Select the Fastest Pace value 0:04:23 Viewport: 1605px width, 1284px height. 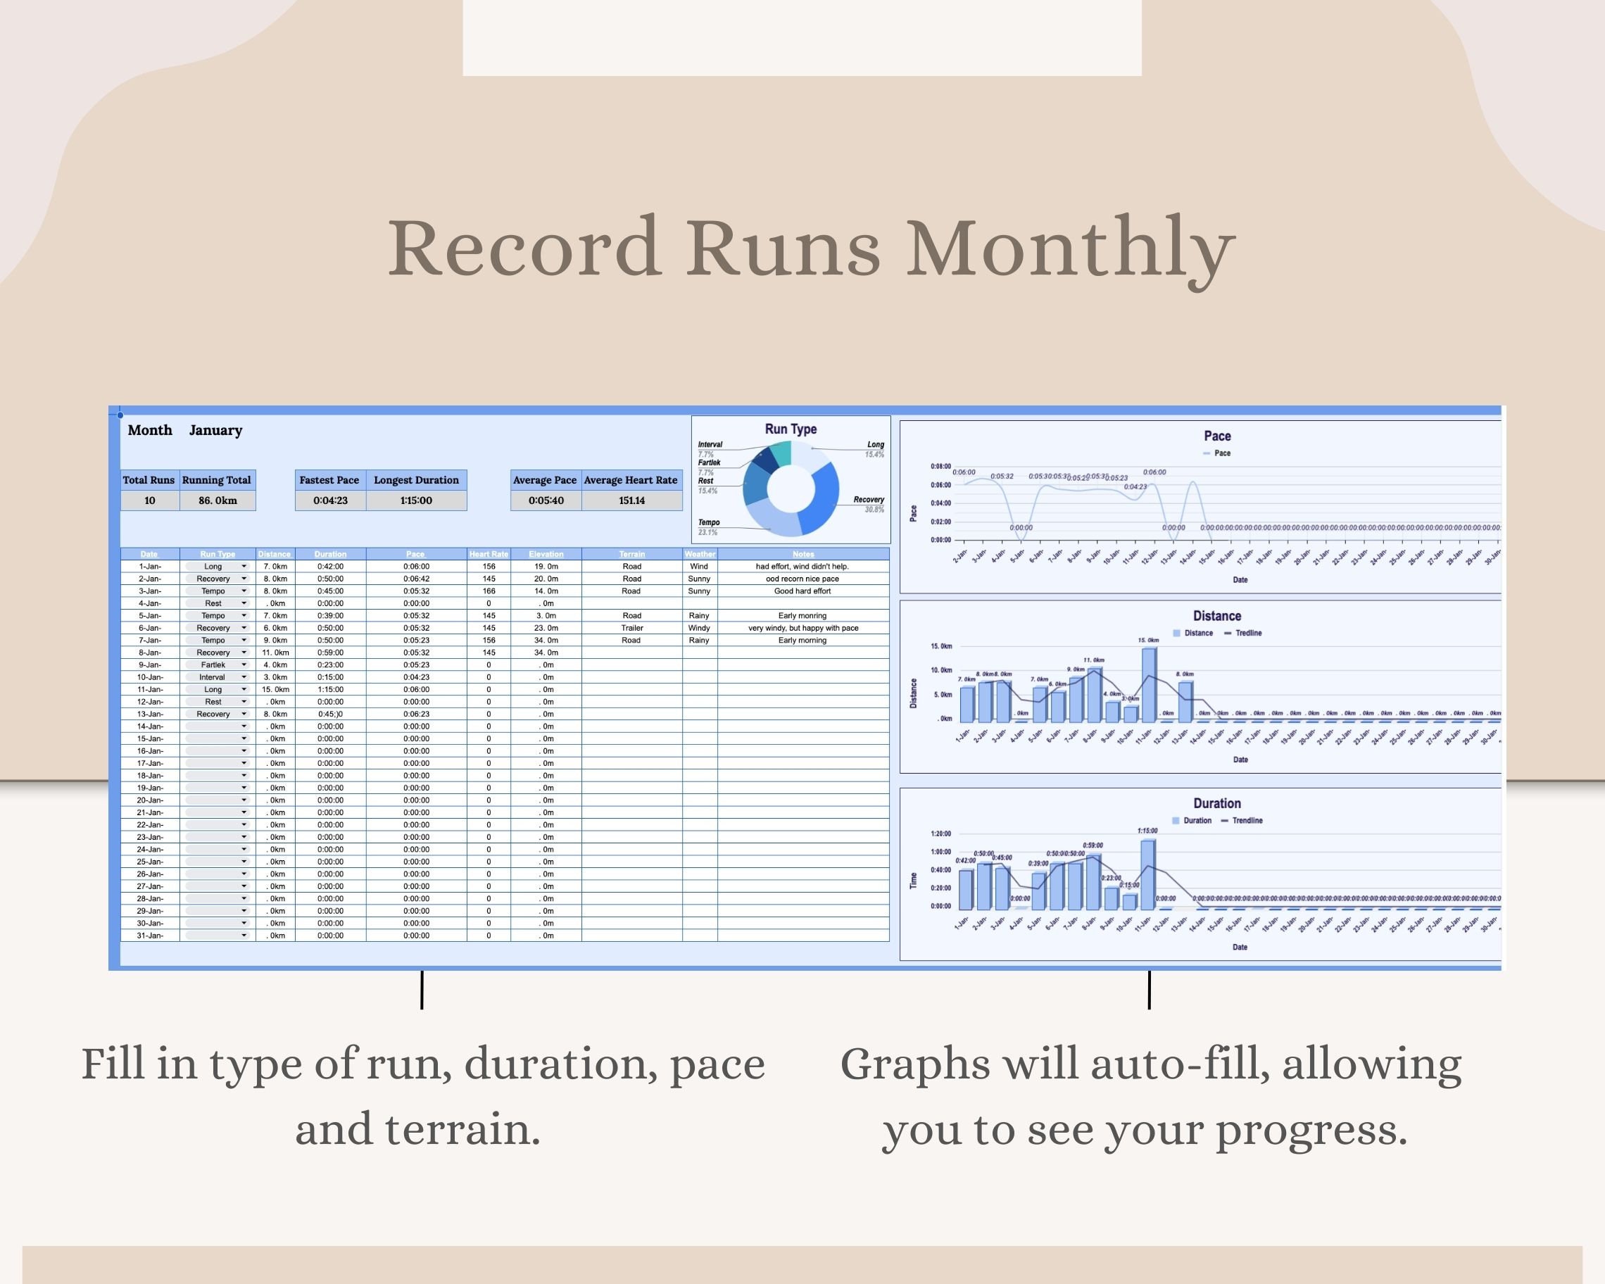[x=329, y=501]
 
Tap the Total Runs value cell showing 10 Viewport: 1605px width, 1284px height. [x=150, y=501]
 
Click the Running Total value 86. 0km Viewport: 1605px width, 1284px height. [x=218, y=501]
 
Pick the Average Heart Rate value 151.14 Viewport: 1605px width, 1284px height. [x=631, y=501]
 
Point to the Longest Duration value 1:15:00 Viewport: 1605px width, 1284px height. [x=416, y=501]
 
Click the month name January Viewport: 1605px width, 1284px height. [x=215, y=430]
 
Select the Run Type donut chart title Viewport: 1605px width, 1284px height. [x=791, y=429]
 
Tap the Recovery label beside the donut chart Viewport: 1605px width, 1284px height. [x=868, y=500]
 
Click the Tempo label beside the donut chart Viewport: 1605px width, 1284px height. [x=709, y=522]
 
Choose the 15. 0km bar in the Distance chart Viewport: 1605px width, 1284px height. [x=1149, y=684]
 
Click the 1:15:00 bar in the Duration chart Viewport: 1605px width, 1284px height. [x=1148, y=874]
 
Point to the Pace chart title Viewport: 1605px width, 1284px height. [x=1217, y=436]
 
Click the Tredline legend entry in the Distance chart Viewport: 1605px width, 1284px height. [x=1247, y=633]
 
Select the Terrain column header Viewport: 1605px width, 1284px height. [x=631, y=554]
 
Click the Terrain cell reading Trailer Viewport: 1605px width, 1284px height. [x=631, y=627]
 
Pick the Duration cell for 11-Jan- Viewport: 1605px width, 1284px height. [x=329, y=689]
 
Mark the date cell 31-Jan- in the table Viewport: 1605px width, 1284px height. [x=150, y=936]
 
